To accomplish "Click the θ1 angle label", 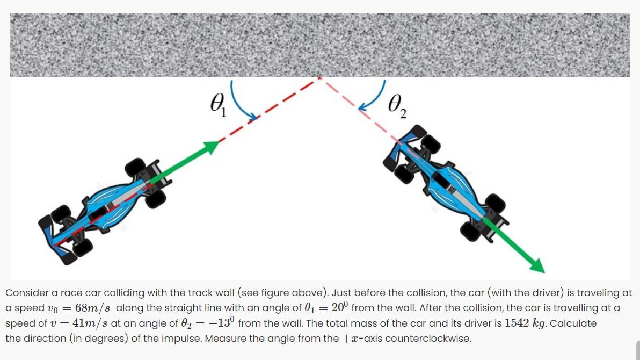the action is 219,104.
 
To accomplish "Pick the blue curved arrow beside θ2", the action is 375,99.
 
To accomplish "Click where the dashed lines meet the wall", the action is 321,78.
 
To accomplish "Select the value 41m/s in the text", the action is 90,323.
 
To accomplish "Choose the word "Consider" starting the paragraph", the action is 25,293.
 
